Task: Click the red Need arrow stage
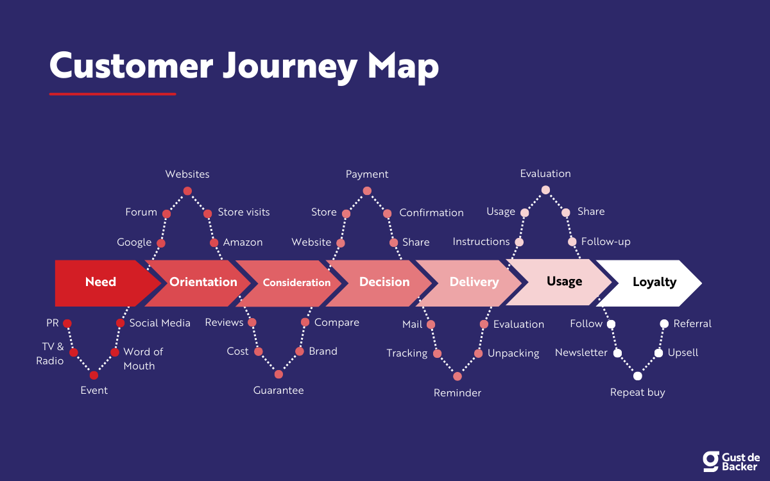coord(101,282)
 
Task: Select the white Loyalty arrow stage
coord(654,282)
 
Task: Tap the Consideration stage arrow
coord(296,283)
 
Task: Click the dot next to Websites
coord(187,190)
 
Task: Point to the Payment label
coord(367,174)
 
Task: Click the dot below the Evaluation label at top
coord(545,190)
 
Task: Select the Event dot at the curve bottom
coord(94,375)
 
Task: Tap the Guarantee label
coord(278,391)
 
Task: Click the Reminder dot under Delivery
coord(458,376)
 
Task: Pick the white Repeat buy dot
coord(637,376)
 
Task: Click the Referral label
coord(692,324)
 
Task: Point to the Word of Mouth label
coord(143,359)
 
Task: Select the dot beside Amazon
coord(214,243)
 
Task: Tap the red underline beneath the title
coord(112,94)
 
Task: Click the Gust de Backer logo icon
coord(710,461)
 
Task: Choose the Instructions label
coord(481,242)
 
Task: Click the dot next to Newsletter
coord(617,353)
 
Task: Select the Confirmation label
coord(431,213)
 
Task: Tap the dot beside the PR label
coord(67,323)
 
